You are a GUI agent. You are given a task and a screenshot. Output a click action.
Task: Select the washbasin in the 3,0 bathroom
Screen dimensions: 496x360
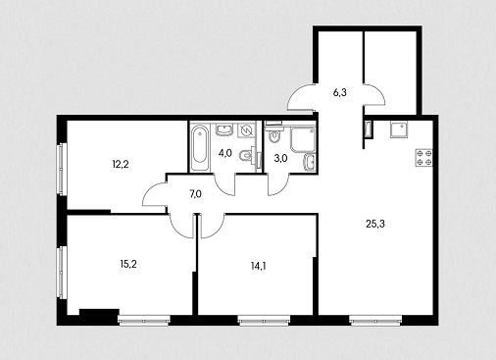(310, 162)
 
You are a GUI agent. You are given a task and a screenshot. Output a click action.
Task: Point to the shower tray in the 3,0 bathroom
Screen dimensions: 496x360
(303, 140)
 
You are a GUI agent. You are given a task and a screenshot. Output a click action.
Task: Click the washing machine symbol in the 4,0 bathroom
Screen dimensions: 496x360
(245, 130)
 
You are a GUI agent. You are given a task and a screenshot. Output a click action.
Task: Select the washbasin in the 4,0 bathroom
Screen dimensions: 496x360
(224, 129)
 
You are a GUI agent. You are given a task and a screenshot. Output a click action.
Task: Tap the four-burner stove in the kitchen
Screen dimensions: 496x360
(423, 158)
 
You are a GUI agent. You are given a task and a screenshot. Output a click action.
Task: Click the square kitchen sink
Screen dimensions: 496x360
(399, 130)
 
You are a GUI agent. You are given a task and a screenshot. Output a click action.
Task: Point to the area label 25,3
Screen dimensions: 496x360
(375, 224)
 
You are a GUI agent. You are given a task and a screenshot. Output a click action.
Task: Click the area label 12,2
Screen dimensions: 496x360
(121, 164)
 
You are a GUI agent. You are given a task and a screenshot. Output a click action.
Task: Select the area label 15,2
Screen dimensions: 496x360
(128, 264)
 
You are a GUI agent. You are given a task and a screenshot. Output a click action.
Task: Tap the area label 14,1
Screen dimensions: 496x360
(258, 266)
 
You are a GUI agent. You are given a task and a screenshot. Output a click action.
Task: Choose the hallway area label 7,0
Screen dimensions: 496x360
(195, 194)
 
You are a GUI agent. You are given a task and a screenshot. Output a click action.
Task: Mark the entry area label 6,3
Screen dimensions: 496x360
(340, 93)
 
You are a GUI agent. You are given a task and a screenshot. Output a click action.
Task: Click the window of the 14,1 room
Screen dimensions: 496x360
(264, 321)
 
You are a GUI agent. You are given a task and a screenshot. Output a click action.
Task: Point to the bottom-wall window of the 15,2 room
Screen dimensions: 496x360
(144, 321)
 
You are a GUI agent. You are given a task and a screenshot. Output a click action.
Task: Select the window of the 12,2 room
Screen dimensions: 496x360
(62, 170)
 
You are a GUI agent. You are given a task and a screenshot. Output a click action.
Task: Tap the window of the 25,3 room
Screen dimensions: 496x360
(375, 321)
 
